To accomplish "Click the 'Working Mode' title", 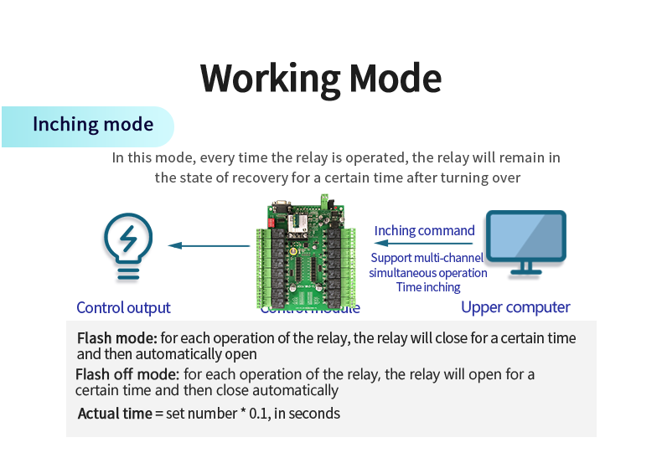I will coord(321,78).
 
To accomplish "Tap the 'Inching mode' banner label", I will coord(93,125).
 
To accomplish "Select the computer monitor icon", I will coord(526,241).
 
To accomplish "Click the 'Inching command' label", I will coord(424,230).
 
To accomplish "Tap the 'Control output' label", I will coord(123,307).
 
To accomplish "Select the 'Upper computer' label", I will coord(515,307).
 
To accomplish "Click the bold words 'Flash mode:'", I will coord(116,338).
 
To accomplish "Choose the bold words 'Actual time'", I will coord(115,413).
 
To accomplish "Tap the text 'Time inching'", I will coord(428,287).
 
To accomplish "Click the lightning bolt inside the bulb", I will coord(127,238).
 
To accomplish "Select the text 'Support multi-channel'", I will coord(427,258).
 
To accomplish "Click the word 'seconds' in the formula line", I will coord(315,413).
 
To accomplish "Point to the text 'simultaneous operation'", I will coord(427,273).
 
